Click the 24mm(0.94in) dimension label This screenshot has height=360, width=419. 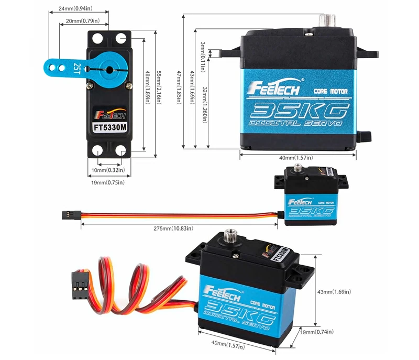(x=75, y=9)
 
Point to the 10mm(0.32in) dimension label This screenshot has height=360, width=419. (x=108, y=170)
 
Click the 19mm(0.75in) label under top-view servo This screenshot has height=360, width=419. (x=108, y=182)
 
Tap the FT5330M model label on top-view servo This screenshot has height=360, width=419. (x=110, y=126)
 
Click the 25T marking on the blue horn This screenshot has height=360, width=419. (x=77, y=68)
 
